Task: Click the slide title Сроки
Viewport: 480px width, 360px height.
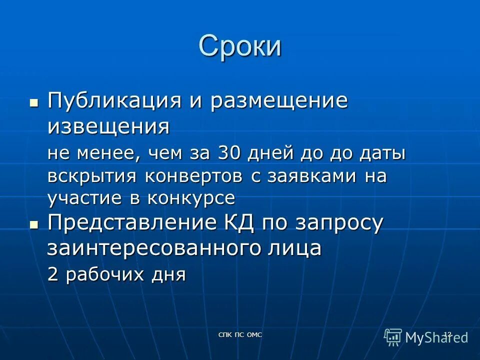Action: point(240,47)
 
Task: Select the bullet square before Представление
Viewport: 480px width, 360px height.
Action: point(34,225)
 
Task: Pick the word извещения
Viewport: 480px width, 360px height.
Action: point(108,127)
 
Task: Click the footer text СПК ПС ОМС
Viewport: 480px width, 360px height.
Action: point(240,334)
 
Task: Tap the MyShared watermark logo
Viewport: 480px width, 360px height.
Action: point(426,337)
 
